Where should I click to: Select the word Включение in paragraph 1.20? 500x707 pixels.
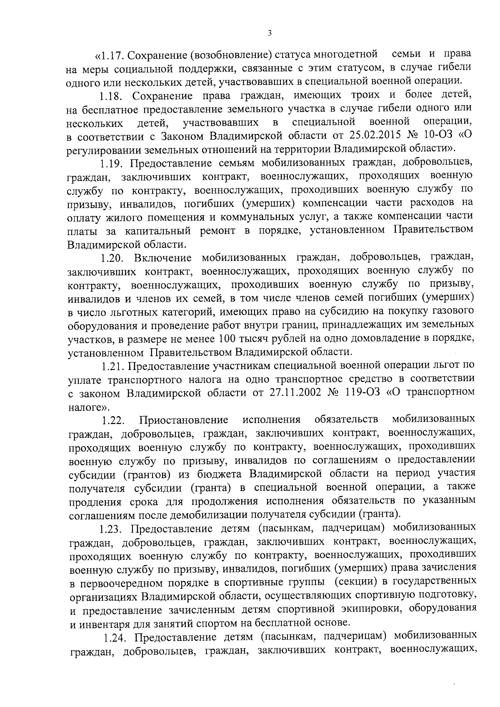click(163, 258)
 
